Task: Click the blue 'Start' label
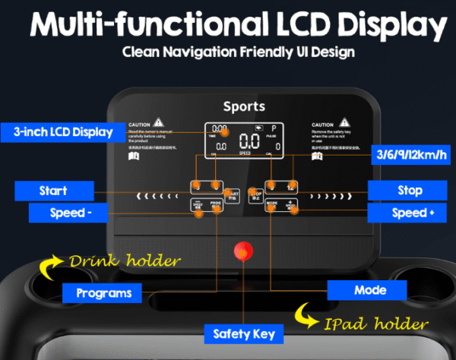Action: point(53,190)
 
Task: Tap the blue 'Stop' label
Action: point(410,190)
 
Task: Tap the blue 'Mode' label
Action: point(369,289)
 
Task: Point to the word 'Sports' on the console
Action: point(244,107)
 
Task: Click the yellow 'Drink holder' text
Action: point(125,262)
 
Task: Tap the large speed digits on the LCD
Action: point(249,141)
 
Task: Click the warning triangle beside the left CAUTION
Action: point(158,122)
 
